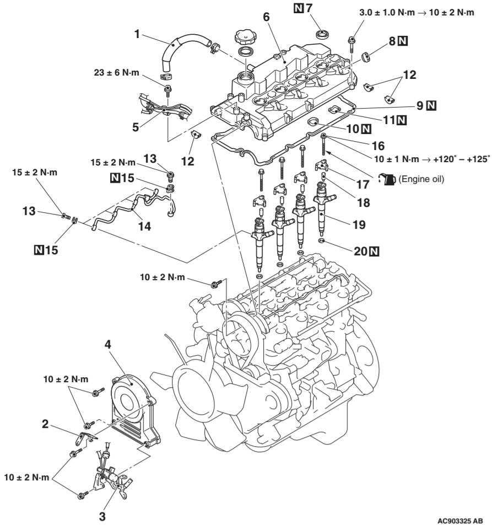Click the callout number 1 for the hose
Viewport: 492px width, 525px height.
pyautogui.click(x=137, y=34)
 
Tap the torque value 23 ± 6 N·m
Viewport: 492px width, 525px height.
pyautogui.click(x=116, y=72)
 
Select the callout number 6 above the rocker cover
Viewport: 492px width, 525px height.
pyautogui.click(x=266, y=17)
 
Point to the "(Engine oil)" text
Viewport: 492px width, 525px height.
pyautogui.click(x=421, y=179)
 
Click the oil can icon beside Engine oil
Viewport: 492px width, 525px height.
pyautogui.click(x=387, y=179)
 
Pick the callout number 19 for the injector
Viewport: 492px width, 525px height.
pyautogui.click(x=359, y=224)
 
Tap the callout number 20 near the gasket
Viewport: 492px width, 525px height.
pyautogui.click(x=360, y=251)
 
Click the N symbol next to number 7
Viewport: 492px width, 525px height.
pyautogui.click(x=299, y=8)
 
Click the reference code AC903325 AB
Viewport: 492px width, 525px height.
pyautogui.click(x=460, y=521)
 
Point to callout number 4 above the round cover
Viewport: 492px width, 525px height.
pyautogui.click(x=107, y=344)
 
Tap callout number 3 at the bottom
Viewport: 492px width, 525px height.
pyautogui.click(x=102, y=516)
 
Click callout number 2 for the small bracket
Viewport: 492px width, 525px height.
pyautogui.click(x=45, y=424)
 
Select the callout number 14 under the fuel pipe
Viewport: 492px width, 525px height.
pyautogui.click(x=145, y=226)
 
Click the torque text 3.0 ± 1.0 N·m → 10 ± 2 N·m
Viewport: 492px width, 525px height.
pyautogui.click(x=417, y=13)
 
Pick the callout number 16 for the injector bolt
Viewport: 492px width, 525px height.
pyautogui.click(x=378, y=146)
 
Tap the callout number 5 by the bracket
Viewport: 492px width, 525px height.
pyautogui.click(x=136, y=127)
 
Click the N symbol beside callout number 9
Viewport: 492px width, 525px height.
pyautogui.click(x=432, y=105)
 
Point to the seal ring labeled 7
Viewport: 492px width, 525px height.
pyautogui.click(x=322, y=34)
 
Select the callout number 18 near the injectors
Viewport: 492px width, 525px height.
pyautogui.click(x=364, y=202)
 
